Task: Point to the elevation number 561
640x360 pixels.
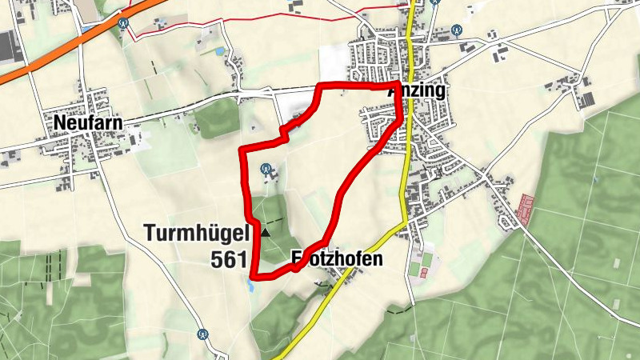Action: point(229,259)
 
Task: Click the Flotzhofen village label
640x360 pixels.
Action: point(337,258)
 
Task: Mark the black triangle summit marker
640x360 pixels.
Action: point(266,233)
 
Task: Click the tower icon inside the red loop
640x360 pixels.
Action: point(266,169)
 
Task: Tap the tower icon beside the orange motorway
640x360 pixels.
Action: point(123,23)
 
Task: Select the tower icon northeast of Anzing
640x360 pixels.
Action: point(457,31)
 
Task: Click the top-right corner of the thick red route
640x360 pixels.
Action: point(398,83)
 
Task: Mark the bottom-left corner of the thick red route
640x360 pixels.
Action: point(254,276)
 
